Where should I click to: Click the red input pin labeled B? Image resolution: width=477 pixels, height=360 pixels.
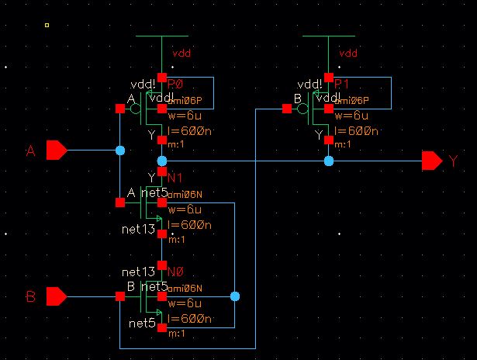[x=57, y=296]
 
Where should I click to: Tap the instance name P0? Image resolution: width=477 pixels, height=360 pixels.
[x=175, y=84]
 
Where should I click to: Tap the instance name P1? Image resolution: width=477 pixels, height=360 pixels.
[x=342, y=84]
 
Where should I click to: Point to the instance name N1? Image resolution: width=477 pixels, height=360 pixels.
[x=174, y=178]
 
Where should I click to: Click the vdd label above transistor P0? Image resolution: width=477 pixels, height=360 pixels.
[x=181, y=53]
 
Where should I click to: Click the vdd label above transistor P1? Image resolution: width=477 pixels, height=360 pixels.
[x=348, y=53]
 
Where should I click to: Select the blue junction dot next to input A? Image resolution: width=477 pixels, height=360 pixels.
[x=120, y=150]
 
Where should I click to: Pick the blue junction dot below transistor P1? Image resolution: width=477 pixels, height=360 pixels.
[x=329, y=161]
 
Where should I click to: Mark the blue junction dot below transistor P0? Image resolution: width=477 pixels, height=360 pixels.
[x=161, y=161]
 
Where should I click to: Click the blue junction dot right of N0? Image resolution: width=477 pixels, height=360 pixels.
[x=235, y=296]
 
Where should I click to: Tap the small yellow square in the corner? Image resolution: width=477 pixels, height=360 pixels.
[x=47, y=26]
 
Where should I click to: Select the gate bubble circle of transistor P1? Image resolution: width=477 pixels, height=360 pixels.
[x=304, y=109]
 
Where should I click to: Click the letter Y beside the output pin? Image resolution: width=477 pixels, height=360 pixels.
[x=453, y=161]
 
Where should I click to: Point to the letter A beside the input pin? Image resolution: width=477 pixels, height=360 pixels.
[x=31, y=151]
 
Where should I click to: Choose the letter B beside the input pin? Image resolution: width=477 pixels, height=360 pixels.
[x=31, y=297]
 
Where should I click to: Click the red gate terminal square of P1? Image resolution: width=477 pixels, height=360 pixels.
[x=287, y=109]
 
